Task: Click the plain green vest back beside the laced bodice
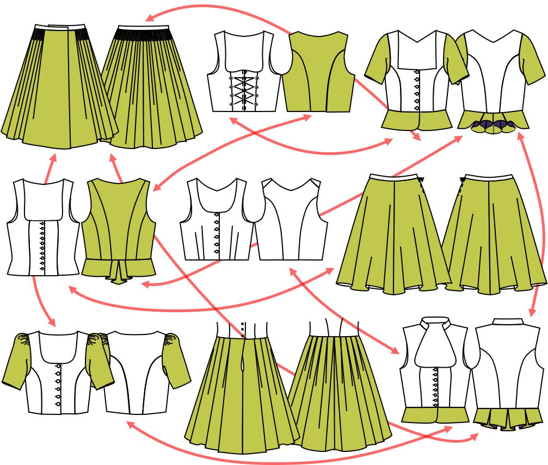(x=318, y=73)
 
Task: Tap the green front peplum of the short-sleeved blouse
(x=416, y=119)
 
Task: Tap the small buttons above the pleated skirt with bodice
(x=242, y=330)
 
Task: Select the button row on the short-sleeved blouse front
(x=417, y=90)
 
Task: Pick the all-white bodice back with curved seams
(x=292, y=223)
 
